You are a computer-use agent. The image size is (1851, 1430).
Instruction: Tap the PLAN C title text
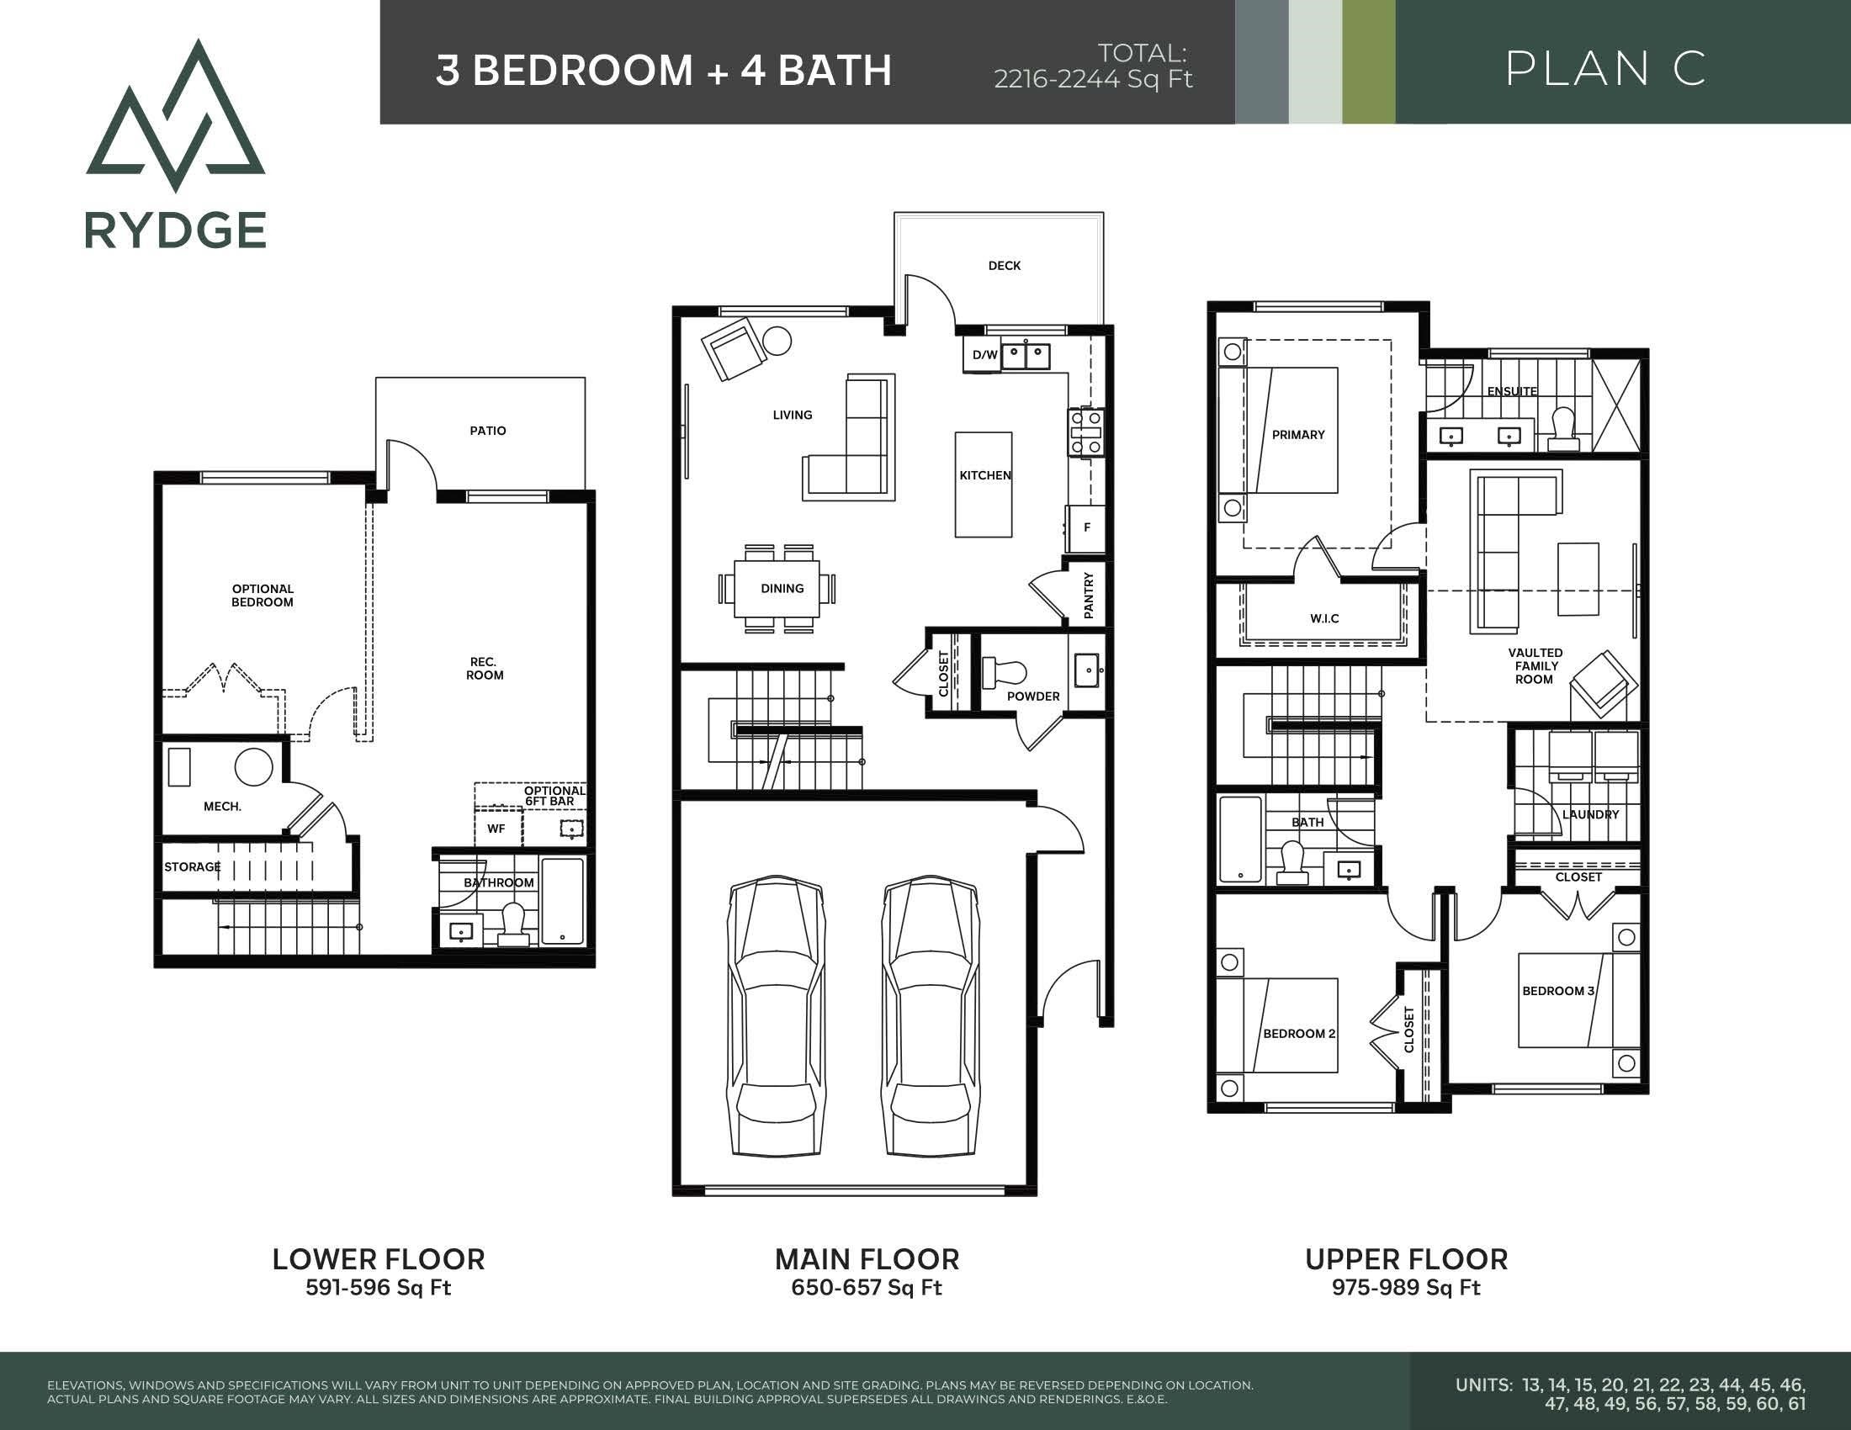(1605, 69)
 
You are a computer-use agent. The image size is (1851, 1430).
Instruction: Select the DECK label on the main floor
(1005, 266)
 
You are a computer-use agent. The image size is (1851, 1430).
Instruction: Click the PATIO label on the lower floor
(487, 432)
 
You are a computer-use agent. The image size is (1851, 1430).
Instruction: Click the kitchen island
(983, 485)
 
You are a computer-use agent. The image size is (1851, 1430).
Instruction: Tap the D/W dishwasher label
(984, 356)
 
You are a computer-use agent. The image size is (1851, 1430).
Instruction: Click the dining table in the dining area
(777, 589)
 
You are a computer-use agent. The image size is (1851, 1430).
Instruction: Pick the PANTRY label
(1089, 595)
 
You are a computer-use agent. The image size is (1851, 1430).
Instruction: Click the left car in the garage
(777, 1015)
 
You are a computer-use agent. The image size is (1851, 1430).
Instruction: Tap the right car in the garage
(931, 1015)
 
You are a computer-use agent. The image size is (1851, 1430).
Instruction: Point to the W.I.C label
(1324, 619)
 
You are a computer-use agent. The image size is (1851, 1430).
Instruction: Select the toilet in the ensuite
(1563, 431)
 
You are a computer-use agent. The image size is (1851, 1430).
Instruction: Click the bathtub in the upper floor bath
(1241, 839)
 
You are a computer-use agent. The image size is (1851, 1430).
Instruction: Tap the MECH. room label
(222, 808)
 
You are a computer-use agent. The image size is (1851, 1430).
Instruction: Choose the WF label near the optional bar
(496, 829)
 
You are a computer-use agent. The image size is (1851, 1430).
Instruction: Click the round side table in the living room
(777, 341)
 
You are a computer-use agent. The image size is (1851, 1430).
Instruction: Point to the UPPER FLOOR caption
(1406, 1260)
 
